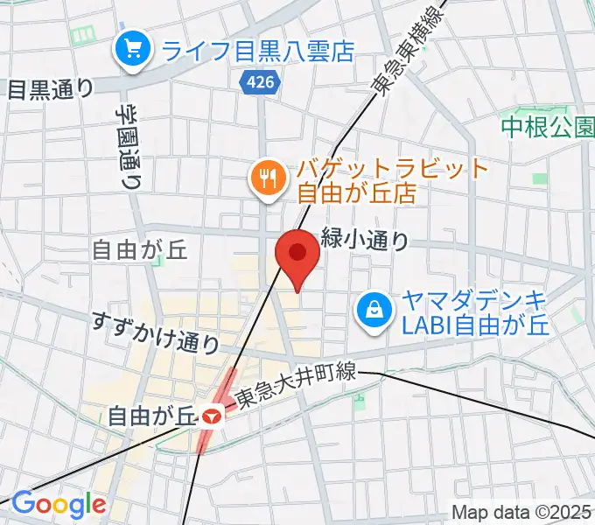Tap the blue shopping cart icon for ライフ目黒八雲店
pyautogui.click(x=134, y=48)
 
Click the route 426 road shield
pyautogui.click(x=258, y=80)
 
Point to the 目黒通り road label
pyautogui.click(x=50, y=88)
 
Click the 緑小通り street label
pyautogui.click(x=365, y=238)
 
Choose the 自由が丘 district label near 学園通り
pyautogui.click(x=141, y=250)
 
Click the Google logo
pyautogui.click(x=58, y=505)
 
